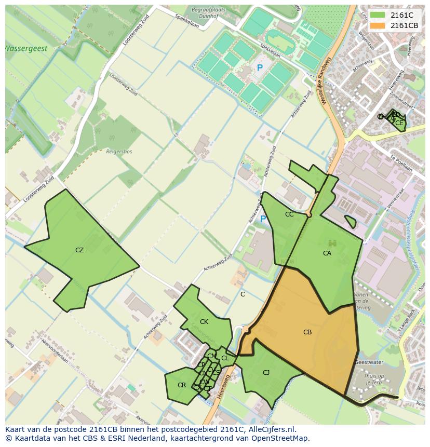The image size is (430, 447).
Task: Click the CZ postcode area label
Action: pyautogui.click(x=79, y=250)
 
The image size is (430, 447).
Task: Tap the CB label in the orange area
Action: pyautogui.click(x=307, y=332)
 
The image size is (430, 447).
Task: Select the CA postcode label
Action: pyautogui.click(x=327, y=253)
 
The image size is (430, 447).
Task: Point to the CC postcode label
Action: pyautogui.click(x=289, y=214)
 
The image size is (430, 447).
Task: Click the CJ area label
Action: pyautogui.click(x=266, y=373)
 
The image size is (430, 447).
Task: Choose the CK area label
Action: pyautogui.click(x=204, y=322)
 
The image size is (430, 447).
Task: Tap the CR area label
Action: pyautogui.click(x=181, y=385)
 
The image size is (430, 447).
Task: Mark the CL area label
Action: pyautogui.click(x=225, y=358)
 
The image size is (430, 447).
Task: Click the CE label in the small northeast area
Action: pyautogui.click(x=399, y=123)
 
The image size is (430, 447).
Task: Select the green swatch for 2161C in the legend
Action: pyautogui.click(x=378, y=15)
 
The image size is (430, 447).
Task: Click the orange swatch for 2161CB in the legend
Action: pyautogui.click(x=378, y=25)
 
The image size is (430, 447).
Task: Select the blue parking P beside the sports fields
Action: pyautogui.click(x=260, y=68)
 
